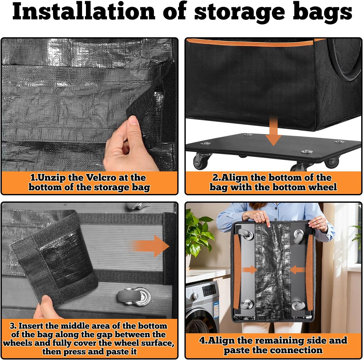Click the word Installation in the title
pos(84,11)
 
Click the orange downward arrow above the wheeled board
pos(273,131)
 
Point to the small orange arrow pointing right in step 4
pos(249,270)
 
